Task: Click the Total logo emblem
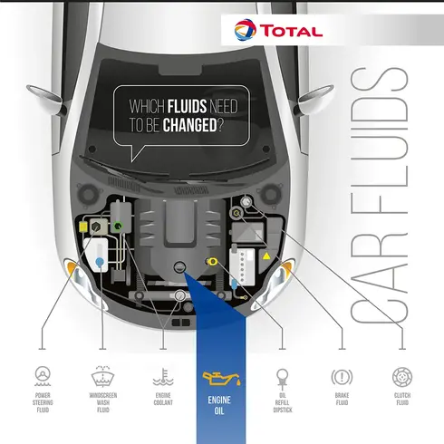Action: click(245, 30)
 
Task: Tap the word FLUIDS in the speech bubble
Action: click(187, 106)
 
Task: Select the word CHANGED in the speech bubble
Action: click(189, 125)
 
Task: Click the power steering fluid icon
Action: click(43, 376)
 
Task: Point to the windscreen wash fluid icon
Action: click(103, 376)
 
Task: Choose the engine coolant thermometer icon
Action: click(163, 377)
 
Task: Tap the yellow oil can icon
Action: click(221, 379)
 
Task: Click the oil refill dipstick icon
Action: click(282, 379)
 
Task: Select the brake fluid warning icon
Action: click(342, 377)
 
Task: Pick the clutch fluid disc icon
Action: click(402, 377)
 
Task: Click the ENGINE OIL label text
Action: click(219, 406)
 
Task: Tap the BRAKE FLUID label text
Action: click(342, 399)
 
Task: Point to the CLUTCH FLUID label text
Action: click(402, 399)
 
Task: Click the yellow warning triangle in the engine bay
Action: click(266, 256)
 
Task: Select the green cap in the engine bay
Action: click(118, 226)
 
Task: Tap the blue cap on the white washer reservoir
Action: click(100, 262)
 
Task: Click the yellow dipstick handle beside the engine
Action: click(212, 262)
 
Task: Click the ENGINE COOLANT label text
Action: click(163, 399)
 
